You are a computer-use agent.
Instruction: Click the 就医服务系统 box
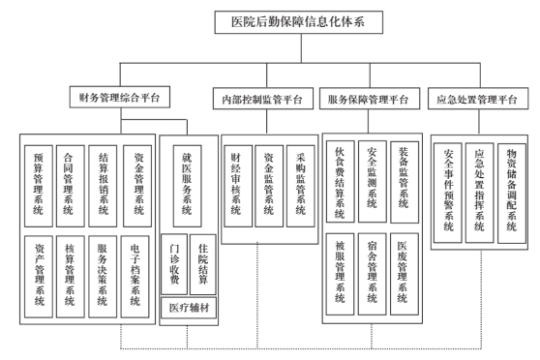point(188,181)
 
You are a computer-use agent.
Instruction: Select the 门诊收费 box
point(173,260)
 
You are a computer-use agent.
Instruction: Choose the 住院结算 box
point(202,260)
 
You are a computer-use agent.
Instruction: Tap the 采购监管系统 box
point(301,185)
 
